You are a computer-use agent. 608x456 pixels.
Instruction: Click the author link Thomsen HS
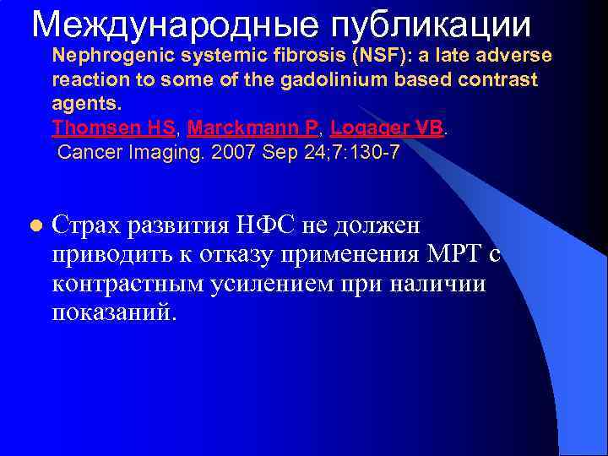114,128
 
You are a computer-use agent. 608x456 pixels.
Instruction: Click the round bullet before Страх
35,226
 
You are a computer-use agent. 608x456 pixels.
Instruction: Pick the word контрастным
128,284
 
